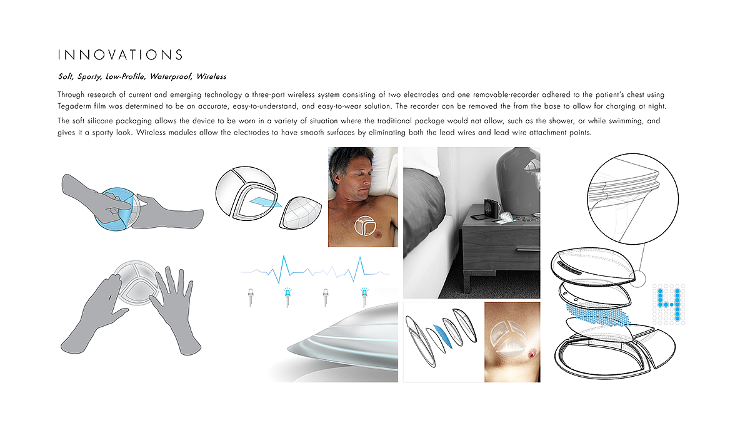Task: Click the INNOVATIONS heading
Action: coord(120,54)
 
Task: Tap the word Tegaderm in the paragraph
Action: coord(71,106)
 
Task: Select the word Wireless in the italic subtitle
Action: coord(211,76)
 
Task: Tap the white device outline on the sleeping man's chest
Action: coord(364,225)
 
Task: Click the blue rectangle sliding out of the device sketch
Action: coord(266,202)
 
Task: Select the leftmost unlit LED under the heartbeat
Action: coord(251,297)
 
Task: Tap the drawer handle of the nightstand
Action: coord(528,250)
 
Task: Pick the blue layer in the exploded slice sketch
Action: coord(442,336)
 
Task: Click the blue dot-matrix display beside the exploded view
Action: coord(669,304)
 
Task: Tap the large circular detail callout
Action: coord(632,199)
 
